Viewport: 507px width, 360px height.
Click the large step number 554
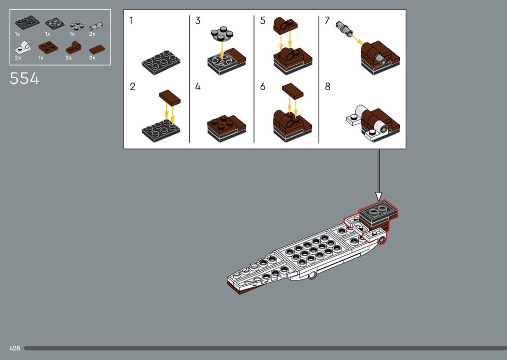tap(24, 78)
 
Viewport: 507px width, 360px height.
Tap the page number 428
tap(14, 348)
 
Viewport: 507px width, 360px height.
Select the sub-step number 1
tap(131, 21)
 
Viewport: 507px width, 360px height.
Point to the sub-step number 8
tap(328, 87)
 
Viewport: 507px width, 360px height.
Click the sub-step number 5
tap(263, 21)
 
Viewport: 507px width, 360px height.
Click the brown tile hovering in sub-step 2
tap(169, 97)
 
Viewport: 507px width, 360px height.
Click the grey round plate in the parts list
tap(74, 25)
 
